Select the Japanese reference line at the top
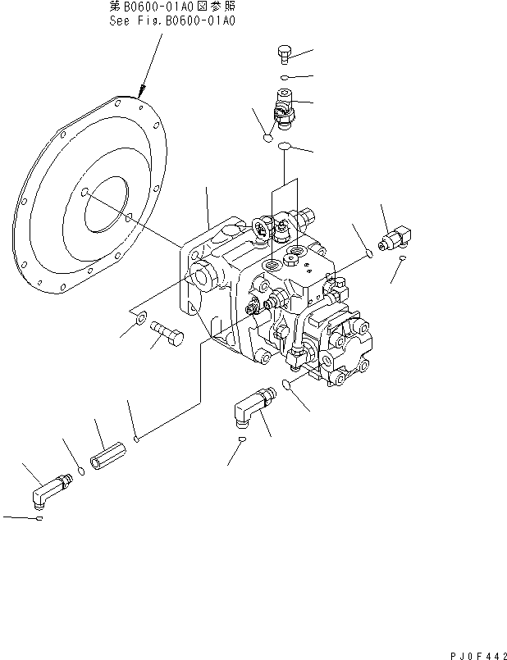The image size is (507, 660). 173,7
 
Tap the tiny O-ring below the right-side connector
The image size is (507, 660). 403,260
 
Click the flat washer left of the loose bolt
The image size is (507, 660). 140,317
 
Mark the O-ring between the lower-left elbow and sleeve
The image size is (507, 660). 80,471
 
